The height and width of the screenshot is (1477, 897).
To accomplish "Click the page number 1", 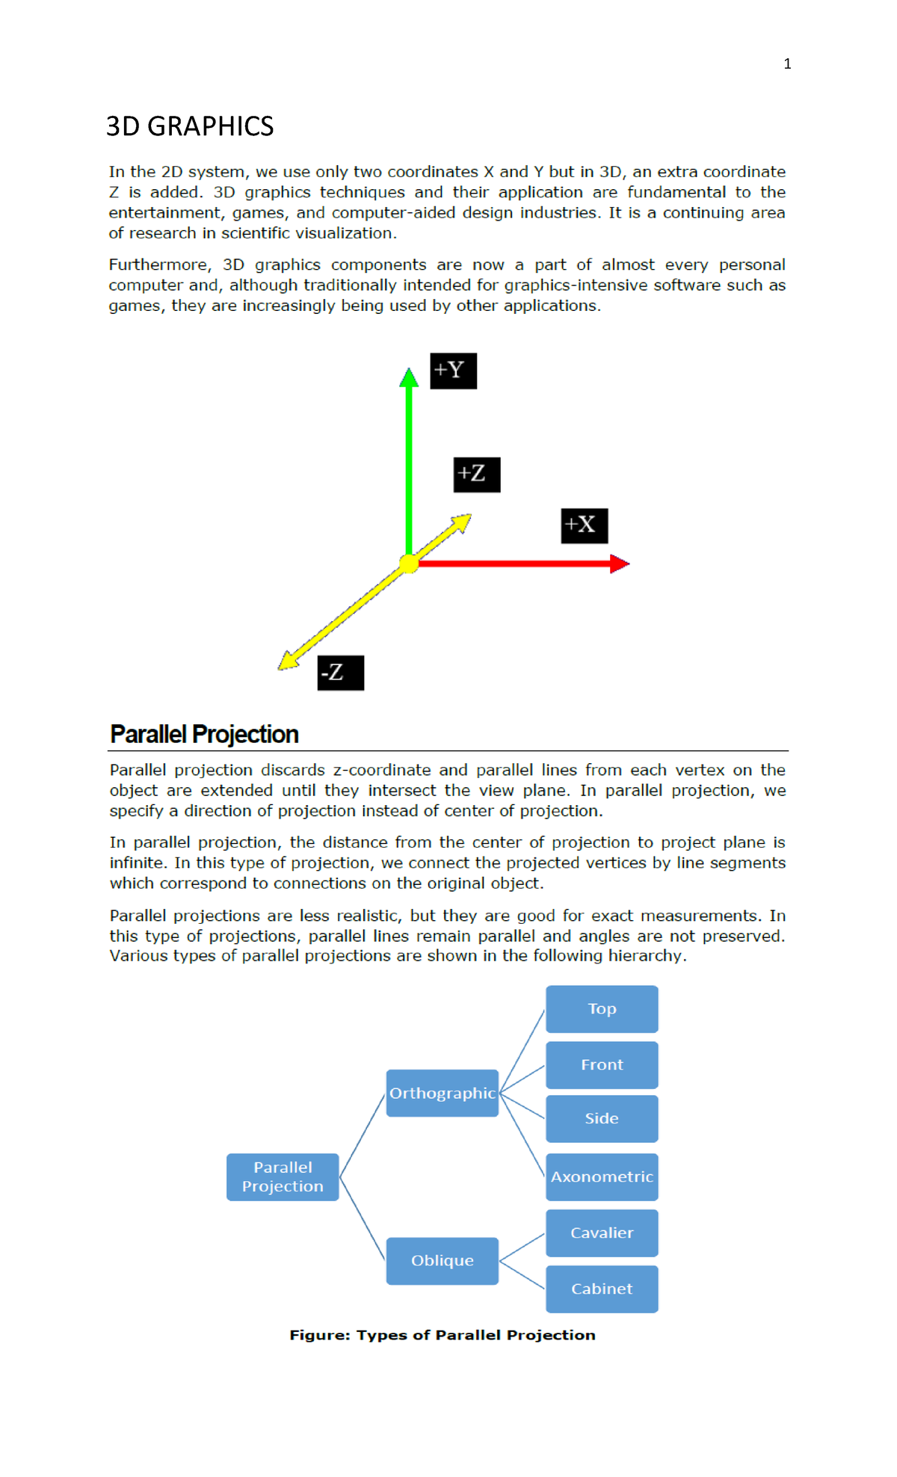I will point(787,64).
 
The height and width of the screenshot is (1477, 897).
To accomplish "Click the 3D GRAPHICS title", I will point(190,126).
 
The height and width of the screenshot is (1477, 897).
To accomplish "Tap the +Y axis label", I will point(453,371).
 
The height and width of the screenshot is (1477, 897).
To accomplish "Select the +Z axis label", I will point(476,475).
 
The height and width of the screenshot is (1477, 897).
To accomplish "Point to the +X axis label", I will point(584,525).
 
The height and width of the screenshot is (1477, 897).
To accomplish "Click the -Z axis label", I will point(340,673).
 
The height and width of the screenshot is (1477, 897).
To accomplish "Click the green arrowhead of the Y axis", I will point(409,377).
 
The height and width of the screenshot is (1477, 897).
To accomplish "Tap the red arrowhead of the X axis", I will point(619,564).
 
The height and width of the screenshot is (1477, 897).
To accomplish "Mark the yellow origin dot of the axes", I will point(409,564).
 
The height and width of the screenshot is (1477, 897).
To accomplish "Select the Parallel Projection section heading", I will point(204,734).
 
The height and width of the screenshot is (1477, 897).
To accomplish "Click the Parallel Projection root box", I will point(283,1177).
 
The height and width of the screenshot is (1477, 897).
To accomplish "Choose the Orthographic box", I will point(442,1093).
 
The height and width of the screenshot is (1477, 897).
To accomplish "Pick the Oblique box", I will point(442,1260).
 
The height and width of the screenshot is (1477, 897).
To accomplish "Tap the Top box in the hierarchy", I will point(602,1009).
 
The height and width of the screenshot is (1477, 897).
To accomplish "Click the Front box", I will point(602,1064).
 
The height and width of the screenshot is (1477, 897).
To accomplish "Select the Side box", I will point(602,1118).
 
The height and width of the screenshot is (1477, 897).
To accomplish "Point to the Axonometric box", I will point(602,1177).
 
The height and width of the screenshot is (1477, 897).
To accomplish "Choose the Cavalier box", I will point(602,1233).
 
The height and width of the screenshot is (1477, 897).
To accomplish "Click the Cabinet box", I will point(602,1289).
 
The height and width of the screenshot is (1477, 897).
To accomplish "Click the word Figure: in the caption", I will point(319,1335).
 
